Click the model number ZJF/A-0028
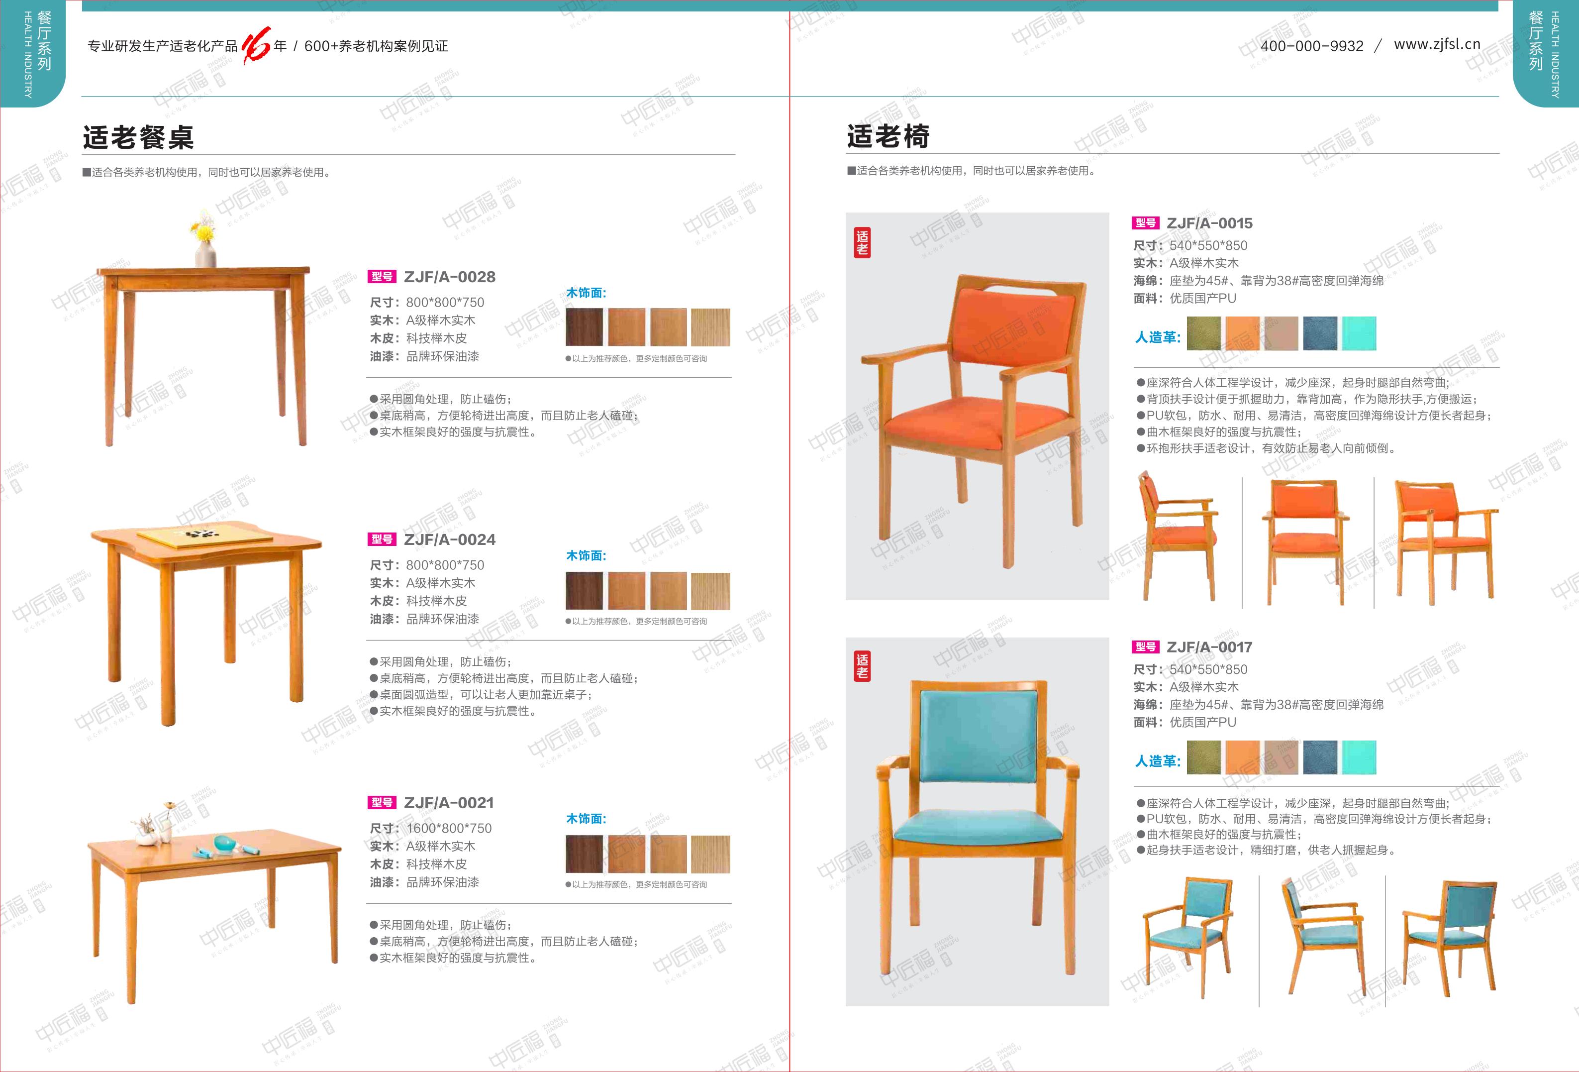[x=449, y=277]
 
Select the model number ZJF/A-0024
[x=449, y=540]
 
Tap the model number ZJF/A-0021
[x=448, y=803]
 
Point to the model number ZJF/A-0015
[x=1209, y=223]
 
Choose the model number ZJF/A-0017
[x=1209, y=647]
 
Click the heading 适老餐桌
[x=139, y=137]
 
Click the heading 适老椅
[x=888, y=136]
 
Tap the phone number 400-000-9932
[x=1312, y=46]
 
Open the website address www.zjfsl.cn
[x=1437, y=44]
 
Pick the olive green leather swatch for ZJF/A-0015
[x=1204, y=334]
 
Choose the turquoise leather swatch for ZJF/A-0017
[x=1359, y=757]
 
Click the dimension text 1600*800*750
[x=449, y=828]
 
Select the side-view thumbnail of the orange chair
[x=1179, y=537]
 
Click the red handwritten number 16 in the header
[x=256, y=45]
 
